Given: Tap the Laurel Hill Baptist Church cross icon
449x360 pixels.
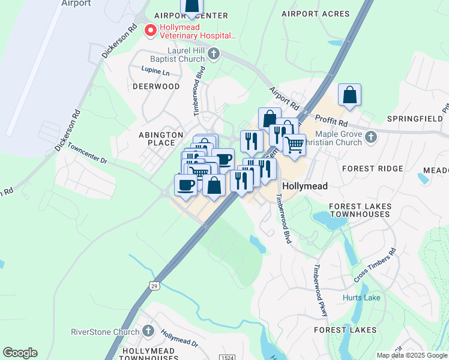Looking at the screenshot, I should pyautogui.click(x=213, y=55).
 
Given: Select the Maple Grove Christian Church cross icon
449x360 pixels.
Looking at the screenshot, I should pyautogui.click(x=371, y=137).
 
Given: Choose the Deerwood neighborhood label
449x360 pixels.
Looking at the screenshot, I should pyautogui.click(x=156, y=86).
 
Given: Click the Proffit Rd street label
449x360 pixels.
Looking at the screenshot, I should pyautogui.click(x=327, y=122).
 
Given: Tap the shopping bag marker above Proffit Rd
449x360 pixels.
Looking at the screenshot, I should pyautogui.click(x=349, y=95).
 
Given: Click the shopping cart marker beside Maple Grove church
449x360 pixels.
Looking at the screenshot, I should pyautogui.click(x=294, y=145).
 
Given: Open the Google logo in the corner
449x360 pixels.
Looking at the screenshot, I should pyautogui.click(x=20, y=353).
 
